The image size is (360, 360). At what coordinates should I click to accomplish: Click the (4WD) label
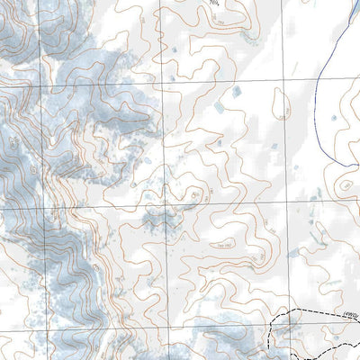pyautogui.click(x=351, y=313)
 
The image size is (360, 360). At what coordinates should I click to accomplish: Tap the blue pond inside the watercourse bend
pyautogui.click(x=335, y=116)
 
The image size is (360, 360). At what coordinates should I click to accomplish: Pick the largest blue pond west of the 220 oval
pyautogui.click(x=237, y=91)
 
